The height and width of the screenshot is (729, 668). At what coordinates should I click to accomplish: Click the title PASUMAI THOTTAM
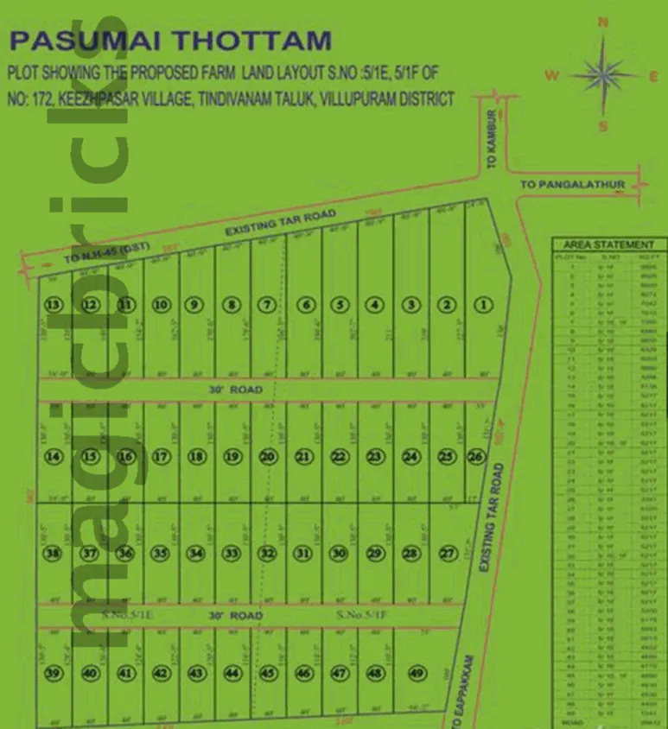[170, 40]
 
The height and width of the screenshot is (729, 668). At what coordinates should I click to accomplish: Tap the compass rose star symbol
[603, 74]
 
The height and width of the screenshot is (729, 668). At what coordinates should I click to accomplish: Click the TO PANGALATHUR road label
[572, 185]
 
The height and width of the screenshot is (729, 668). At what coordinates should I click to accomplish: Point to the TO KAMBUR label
[490, 138]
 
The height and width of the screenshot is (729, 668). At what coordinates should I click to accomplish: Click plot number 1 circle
[483, 304]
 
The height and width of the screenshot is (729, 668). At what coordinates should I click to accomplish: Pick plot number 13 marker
[54, 304]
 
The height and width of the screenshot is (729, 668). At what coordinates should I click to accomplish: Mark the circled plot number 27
[447, 553]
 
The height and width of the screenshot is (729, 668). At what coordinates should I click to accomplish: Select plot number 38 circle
[54, 553]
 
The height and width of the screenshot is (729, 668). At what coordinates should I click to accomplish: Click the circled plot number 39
[54, 674]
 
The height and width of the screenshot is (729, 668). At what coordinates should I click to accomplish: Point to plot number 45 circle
[268, 674]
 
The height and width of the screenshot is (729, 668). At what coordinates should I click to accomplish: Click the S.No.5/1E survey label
[128, 615]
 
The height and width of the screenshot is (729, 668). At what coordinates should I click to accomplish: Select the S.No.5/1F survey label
[364, 615]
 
